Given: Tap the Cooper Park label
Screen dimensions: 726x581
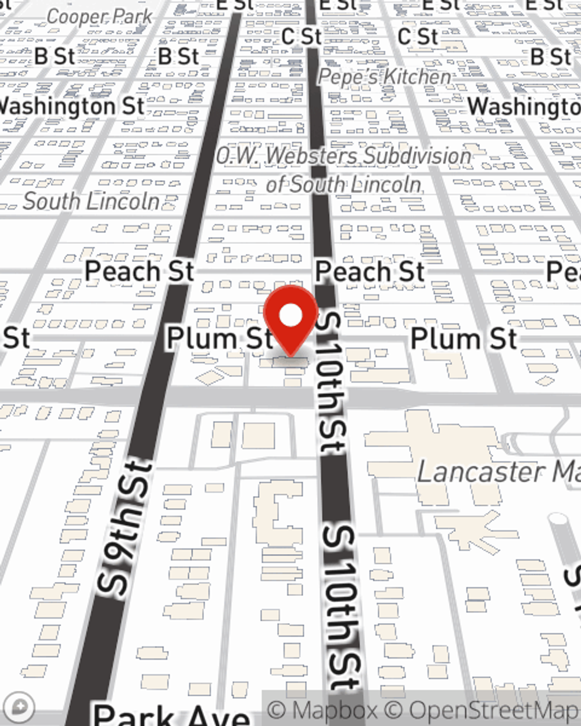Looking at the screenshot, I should [x=99, y=17].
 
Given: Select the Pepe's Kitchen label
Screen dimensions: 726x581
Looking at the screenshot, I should [x=385, y=77].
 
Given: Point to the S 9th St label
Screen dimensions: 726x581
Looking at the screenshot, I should [x=125, y=529].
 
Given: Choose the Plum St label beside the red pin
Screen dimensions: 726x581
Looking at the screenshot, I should [x=220, y=339].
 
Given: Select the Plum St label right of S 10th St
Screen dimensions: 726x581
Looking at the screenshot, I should [x=464, y=339].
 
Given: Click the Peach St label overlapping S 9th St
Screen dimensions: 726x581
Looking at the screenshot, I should [x=139, y=271].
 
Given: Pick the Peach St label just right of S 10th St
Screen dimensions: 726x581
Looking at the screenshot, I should [x=370, y=271].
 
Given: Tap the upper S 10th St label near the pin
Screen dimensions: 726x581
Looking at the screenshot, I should [x=332, y=383].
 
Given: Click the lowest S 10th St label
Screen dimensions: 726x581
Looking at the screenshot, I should [x=343, y=607].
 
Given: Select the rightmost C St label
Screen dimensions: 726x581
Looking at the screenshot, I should [x=418, y=37].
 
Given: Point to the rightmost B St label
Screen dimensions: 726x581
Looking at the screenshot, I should [x=551, y=57].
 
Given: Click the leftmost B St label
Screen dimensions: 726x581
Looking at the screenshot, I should [x=55, y=56].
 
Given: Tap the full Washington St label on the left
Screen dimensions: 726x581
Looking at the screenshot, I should [x=71, y=107].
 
